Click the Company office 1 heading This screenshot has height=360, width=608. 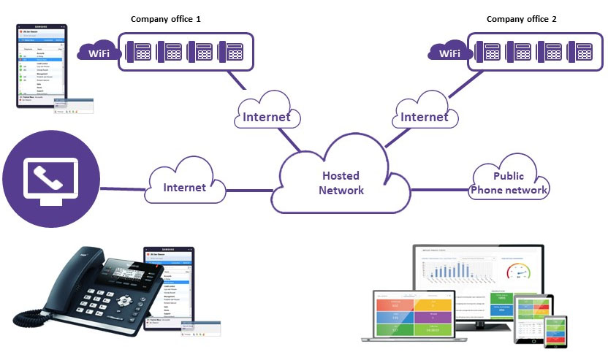click(165, 18)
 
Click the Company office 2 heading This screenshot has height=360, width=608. click(521, 18)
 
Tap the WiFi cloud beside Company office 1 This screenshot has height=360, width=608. click(99, 53)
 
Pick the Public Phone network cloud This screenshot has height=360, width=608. click(509, 183)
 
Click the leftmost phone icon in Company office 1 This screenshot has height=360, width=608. click(140, 53)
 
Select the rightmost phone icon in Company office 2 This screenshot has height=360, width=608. click(583, 53)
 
